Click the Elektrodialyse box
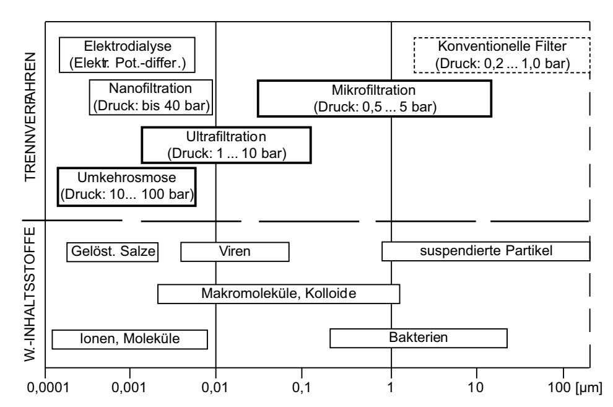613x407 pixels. point(127,55)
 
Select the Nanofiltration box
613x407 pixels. point(151,97)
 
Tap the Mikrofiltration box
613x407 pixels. point(375,98)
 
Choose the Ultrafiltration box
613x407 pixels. point(227,145)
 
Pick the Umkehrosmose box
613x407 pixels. point(127,187)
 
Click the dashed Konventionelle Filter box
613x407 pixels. point(502,55)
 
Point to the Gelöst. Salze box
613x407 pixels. point(113,252)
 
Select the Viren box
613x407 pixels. point(235,252)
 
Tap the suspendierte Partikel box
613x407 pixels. point(486,251)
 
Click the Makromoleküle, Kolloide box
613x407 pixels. point(279,294)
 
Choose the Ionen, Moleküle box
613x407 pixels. point(130,339)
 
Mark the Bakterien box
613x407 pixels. point(419,338)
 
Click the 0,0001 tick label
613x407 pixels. point(48,388)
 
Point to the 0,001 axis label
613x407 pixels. point(129,388)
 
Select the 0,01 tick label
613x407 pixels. point(215,388)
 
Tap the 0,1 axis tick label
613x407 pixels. point(302,388)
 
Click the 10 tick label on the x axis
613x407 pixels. point(476,388)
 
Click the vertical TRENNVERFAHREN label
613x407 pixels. point(30,116)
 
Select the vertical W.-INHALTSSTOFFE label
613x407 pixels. point(30,294)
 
